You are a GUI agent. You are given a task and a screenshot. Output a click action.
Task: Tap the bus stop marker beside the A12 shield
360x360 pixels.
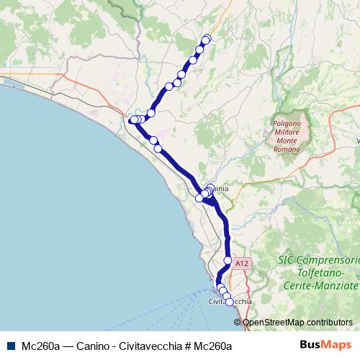[228, 261]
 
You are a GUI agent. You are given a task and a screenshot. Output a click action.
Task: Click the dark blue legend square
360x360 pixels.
[11, 346]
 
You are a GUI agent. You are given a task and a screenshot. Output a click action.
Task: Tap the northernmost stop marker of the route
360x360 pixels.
[207, 38]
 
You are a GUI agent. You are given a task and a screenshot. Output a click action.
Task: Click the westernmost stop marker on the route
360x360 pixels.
[134, 120]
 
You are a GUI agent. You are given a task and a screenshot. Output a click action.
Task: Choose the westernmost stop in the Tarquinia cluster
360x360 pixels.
[199, 198]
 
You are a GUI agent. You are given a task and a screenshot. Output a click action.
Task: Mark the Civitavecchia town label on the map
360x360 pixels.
[229, 302]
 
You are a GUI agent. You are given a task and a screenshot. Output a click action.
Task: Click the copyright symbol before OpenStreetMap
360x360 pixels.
[238, 323]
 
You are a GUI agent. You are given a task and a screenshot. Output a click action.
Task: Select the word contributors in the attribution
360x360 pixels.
[329, 323]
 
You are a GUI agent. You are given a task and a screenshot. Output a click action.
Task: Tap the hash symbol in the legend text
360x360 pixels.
[186, 346]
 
